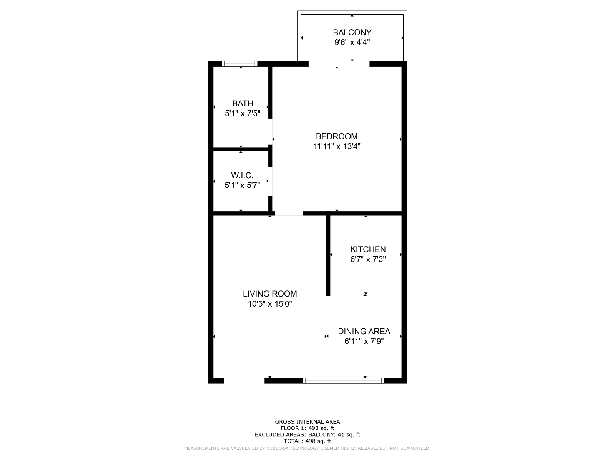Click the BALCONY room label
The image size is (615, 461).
click(x=352, y=33)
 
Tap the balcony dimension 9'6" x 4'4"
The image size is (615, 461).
click(x=352, y=42)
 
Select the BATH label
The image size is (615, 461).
click(x=243, y=104)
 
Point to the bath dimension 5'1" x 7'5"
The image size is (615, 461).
click(x=243, y=113)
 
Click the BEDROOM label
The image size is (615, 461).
click(x=336, y=136)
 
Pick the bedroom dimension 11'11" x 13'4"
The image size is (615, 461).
click(x=336, y=146)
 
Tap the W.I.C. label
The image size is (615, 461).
click(x=242, y=176)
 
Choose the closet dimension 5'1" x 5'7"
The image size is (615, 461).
click(x=242, y=185)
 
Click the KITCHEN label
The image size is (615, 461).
click(x=368, y=249)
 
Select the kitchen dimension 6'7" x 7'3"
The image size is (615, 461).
click(x=368, y=259)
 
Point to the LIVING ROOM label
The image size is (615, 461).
click(x=270, y=294)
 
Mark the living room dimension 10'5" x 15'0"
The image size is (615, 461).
click(x=270, y=304)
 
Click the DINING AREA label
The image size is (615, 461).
click(x=364, y=332)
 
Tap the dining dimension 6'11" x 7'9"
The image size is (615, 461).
click(x=364, y=341)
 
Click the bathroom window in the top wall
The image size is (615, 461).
click(x=239, y=64)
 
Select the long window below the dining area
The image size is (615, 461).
click(x=343, y=381)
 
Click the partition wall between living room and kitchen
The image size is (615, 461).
click(x=328, y=255)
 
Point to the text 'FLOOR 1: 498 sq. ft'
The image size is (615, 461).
click(x=307, y=428)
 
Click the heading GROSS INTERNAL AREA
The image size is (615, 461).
click(x=307, y=421)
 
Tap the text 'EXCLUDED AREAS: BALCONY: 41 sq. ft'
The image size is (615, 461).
click(x=307, y=435)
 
